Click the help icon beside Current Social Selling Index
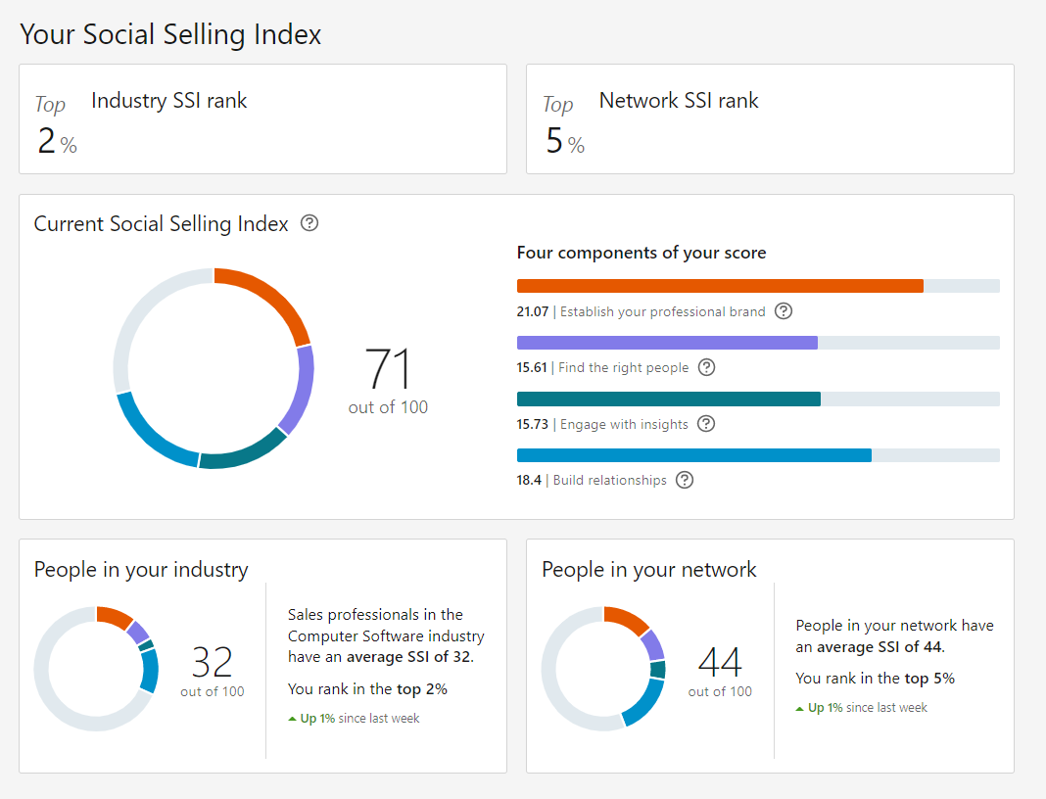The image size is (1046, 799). [309, 222]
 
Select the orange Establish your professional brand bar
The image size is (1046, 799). [720, 286]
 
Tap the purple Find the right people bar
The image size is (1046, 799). [667, 343]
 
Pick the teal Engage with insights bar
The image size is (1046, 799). [668, 399]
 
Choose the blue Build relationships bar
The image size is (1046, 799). [693, 455]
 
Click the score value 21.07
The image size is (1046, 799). [533, 311]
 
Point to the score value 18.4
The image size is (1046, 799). [529, 480]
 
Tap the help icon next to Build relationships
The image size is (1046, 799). [685, 480]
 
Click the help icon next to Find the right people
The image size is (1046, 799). [706, 367]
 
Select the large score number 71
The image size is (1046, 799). [388, 368]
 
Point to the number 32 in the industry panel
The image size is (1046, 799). [213, 662]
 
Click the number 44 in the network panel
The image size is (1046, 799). [720, 662]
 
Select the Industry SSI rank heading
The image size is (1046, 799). [168, 101]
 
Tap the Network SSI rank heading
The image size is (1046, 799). [679, 101]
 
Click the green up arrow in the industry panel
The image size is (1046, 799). [292, 719]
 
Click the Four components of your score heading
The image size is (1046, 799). [642, 253]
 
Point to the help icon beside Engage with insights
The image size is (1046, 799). [706, 424]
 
